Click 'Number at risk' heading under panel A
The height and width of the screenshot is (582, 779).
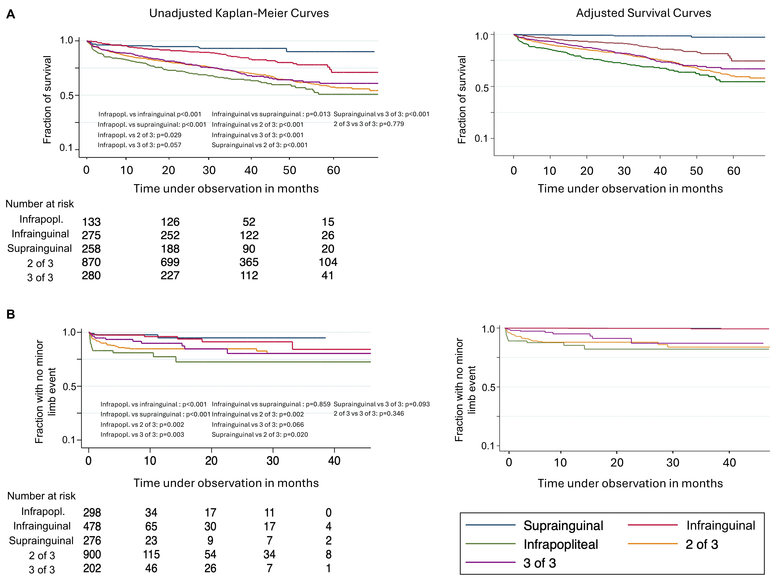point(39,204)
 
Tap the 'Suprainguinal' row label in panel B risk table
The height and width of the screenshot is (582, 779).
point(41,540)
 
